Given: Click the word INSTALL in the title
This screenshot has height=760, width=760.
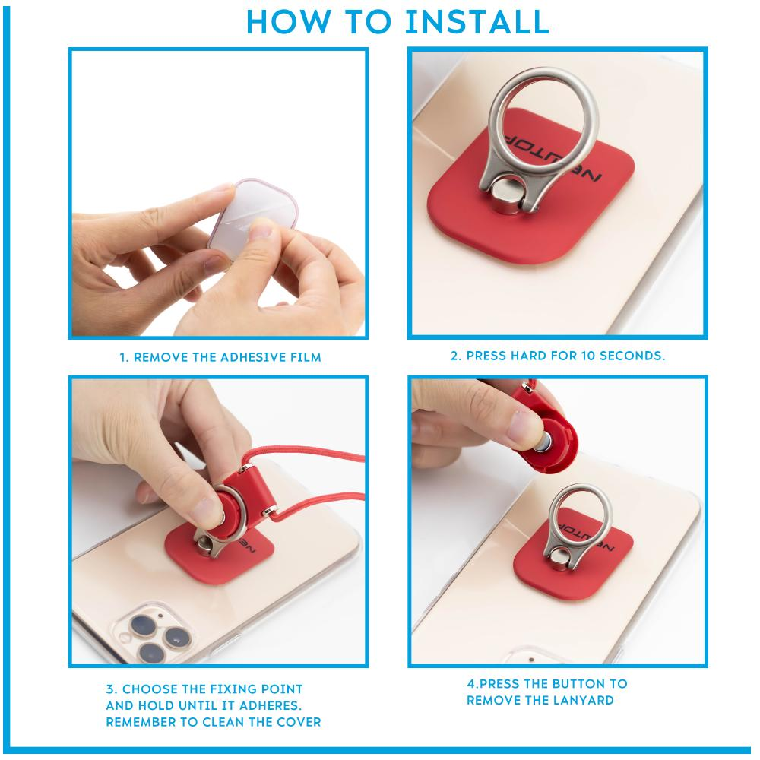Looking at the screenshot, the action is [477, 22].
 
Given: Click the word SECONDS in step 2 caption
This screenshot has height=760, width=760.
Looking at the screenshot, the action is [632, 356].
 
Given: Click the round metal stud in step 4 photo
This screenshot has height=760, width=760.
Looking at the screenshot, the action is [561, 557].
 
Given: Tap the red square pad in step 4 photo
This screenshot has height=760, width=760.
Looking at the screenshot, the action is [572, 562].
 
